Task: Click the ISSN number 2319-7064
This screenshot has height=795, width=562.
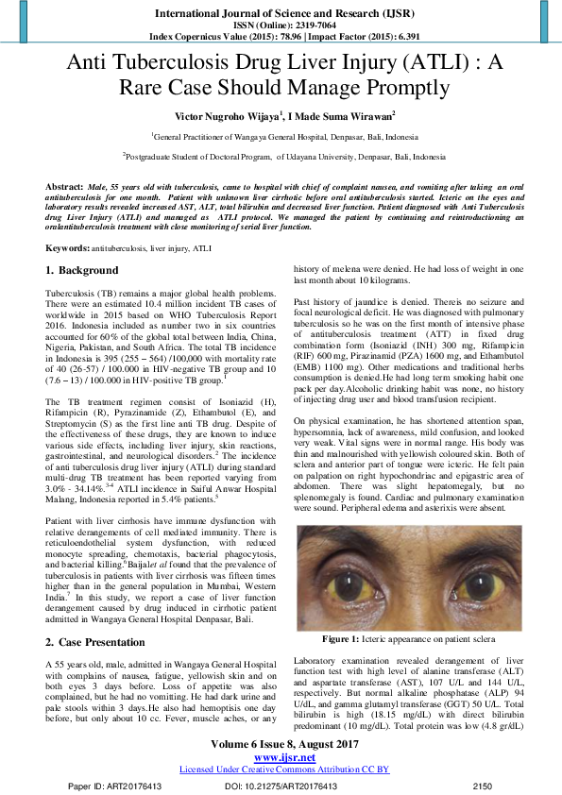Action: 314,25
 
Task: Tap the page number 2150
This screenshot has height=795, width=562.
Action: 483,785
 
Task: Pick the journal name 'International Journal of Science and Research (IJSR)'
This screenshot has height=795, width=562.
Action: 281,12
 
